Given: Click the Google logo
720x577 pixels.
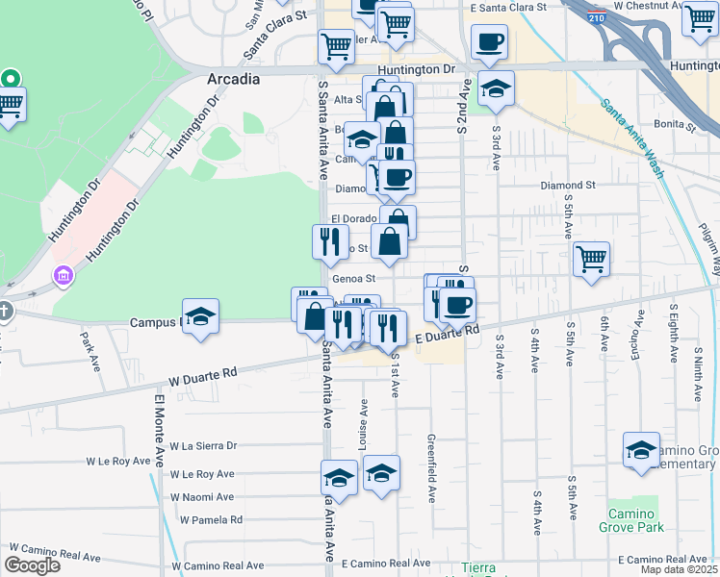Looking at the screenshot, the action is (32, 565).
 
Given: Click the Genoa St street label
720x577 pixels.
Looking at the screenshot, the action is (351, 279).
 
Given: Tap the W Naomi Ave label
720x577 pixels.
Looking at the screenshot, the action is (202, 497).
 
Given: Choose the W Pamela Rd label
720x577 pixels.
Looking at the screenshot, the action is (209, 520).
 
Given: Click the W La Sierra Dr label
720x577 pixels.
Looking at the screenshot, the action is (203, 446).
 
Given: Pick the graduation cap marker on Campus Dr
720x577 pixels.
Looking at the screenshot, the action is (200, 316).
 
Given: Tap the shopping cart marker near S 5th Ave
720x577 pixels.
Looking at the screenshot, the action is (591, 259).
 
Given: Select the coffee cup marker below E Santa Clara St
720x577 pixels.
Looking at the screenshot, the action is (489, 42).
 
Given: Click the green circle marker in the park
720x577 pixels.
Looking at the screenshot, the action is (10, 78).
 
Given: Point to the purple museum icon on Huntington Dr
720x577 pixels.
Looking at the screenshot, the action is (64, 278).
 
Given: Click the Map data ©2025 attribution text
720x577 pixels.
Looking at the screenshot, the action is (679, 569).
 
